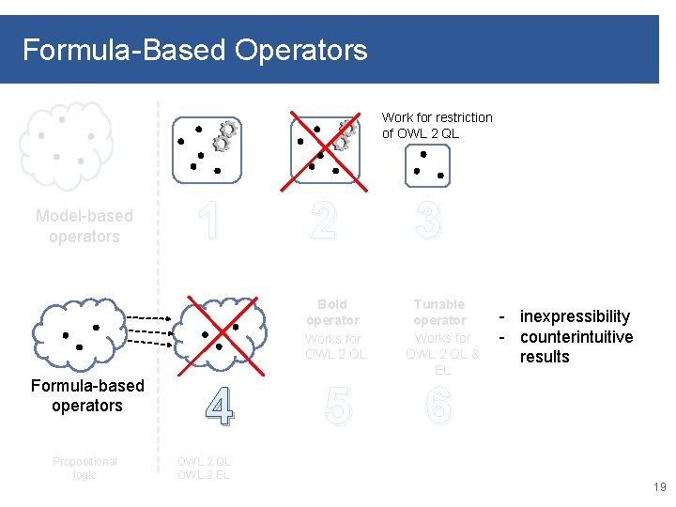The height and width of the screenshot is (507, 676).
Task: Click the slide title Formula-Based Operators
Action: pyautogui.click(x=194, y=49)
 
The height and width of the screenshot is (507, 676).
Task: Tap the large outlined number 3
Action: pyautogui.click(x=427, y=223)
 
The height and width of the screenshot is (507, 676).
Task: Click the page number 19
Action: pyautogui.click(x=658, y=487)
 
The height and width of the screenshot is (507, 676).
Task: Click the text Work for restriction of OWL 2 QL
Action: pyautogui.click(x=437, y=125)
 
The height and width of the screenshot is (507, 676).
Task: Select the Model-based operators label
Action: pyautogui.click(x=84, y=226)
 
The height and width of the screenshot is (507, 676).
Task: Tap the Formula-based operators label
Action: pyautogui.click(x=87, y=395)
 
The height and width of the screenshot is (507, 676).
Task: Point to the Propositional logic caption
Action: pyautogui.click(x=85, y=468)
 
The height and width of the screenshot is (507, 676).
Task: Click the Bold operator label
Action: pyautogui.click(x=332, y=312)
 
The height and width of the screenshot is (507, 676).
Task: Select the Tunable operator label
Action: pyautogui.click(x=439, y=312)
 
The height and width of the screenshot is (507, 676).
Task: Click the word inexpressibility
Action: pyautogui.click(x=575, y=316)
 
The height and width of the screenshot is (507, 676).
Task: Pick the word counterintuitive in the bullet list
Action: pyautogui.click(x=576, y=337)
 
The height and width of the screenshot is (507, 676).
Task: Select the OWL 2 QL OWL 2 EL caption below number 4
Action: pyautogui.click(x=204, y=468)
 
